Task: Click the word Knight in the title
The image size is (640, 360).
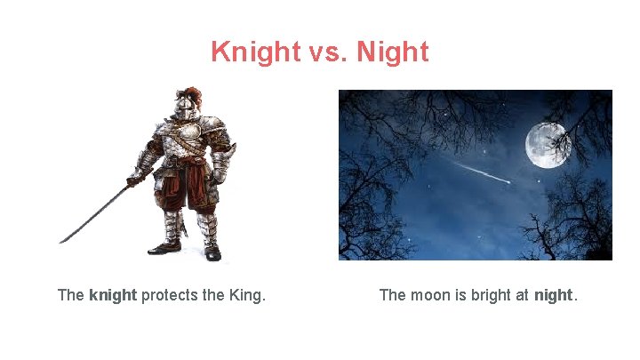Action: click(x=256, y=52)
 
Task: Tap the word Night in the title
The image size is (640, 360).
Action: click(x=392, y=52)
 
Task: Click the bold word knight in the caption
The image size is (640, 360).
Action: click(x=113, y=295)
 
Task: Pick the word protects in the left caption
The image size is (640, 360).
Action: click(x=171, y=295)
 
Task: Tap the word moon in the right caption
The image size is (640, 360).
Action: click(x=429, y=295)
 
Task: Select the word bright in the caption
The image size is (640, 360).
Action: click(x=492, y=295)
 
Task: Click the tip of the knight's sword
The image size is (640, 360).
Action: click(x=61, y=241)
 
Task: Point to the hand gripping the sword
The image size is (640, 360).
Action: click(x=135, y=180)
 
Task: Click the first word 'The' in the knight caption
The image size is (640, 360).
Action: click(x=70, y=295)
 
